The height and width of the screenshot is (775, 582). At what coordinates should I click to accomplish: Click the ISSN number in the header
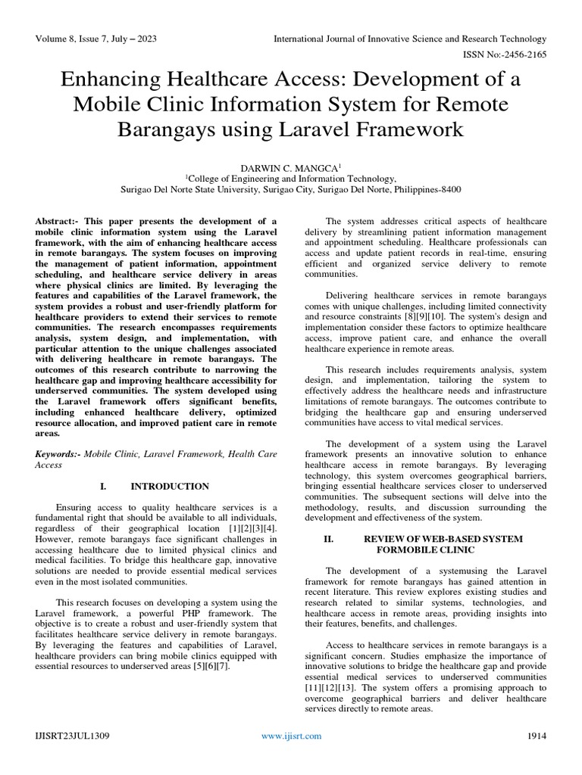(505, 55)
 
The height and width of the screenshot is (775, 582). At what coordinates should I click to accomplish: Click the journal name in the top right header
(409, 39)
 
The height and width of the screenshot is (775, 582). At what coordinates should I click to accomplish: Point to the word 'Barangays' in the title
(166, 129)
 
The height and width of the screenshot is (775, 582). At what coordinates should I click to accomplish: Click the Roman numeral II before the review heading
(328, 539)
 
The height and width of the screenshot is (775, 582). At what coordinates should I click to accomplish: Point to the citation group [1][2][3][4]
(252, 526)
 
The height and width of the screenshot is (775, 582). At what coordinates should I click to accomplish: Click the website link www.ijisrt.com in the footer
(291, 736)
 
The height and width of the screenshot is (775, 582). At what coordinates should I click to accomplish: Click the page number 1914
(537, 736)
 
